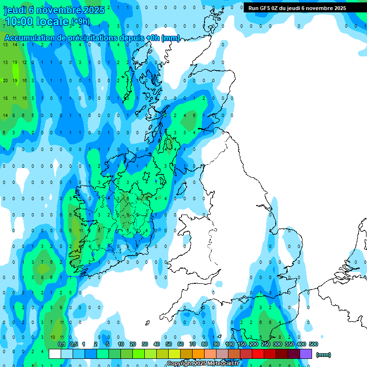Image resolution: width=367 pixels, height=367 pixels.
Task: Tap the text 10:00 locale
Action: pos(37,22)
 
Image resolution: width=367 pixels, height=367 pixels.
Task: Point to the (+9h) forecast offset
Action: pos(80,22)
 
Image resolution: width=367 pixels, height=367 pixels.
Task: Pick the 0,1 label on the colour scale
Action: pos(62,344)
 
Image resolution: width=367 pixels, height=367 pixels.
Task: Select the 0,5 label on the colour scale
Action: pos(74,344)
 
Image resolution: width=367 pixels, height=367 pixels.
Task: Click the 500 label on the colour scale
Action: pos(313,344)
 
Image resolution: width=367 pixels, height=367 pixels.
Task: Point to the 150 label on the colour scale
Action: pos(242,344)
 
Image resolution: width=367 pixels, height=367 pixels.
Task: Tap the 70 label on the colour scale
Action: pos(193,344)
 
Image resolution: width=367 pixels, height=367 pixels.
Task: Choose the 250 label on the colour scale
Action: pos(266,344)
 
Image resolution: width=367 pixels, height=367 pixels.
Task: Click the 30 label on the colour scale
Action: pos(145,344)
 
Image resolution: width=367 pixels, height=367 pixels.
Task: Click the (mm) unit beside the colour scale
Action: pos(324,355)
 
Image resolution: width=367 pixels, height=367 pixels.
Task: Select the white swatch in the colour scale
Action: pos(55,354)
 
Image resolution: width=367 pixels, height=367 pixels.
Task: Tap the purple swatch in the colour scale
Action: pos(306,354)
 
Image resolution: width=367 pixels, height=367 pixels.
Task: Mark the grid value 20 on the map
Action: pos(5,80)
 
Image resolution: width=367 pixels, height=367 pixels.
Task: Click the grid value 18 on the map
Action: pos(5,98)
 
